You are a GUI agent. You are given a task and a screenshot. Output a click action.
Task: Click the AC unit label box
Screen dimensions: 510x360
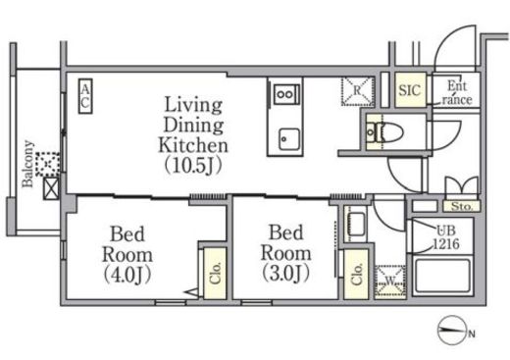pos(85,96)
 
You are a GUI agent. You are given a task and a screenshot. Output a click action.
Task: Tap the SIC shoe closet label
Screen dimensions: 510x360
pos(410,90)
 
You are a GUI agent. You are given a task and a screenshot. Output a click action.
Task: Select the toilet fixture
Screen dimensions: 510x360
pos(384,131)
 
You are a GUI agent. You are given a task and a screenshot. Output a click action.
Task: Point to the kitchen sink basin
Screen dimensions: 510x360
pos(289,139)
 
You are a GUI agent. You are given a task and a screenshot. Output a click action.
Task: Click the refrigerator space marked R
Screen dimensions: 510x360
pos(357,91)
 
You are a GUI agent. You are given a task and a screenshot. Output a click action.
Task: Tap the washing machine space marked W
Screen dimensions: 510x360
pos(390,281)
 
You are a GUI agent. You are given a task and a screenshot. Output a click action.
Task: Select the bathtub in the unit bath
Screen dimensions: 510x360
pos(442,276)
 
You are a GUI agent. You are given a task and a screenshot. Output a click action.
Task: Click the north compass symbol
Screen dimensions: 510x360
pos(452,330)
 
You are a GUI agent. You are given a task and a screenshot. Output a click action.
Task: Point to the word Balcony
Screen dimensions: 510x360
pos(28,164)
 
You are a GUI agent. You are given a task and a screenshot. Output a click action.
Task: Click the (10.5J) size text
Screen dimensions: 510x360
pos(193,165)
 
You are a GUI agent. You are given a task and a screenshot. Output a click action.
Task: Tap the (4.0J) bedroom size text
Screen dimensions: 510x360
pos(127,275)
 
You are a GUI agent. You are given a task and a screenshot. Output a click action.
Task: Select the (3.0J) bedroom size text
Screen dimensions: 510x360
pos(285,273)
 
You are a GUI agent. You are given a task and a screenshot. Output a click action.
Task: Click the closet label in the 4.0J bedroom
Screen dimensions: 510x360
pos(216,273)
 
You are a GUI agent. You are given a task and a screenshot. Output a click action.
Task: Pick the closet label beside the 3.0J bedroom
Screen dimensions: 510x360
pos(357,274)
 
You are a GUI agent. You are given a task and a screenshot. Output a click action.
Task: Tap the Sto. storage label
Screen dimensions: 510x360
pos(462,206)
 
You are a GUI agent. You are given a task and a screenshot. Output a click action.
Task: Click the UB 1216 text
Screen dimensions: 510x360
pos(446,236)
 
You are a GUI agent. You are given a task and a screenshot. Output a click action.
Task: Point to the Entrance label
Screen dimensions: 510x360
pos(457,92)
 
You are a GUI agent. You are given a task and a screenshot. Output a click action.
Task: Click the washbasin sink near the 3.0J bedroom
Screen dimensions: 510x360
pos(356,224)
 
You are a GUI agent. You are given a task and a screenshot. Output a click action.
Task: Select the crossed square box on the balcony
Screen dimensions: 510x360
pos(51,188)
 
